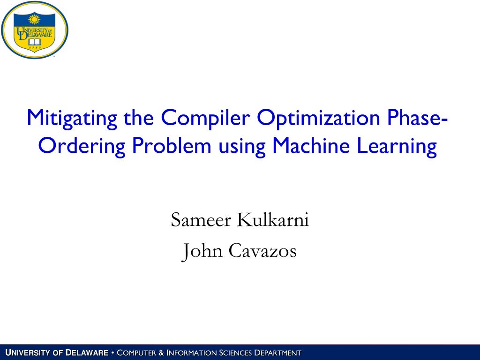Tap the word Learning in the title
[x=397, y=147]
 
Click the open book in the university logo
[x=34, y=41]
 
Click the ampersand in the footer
[x=162, y=352]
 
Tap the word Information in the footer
[x=191, y=352]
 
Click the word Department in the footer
[x=277, y=352]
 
